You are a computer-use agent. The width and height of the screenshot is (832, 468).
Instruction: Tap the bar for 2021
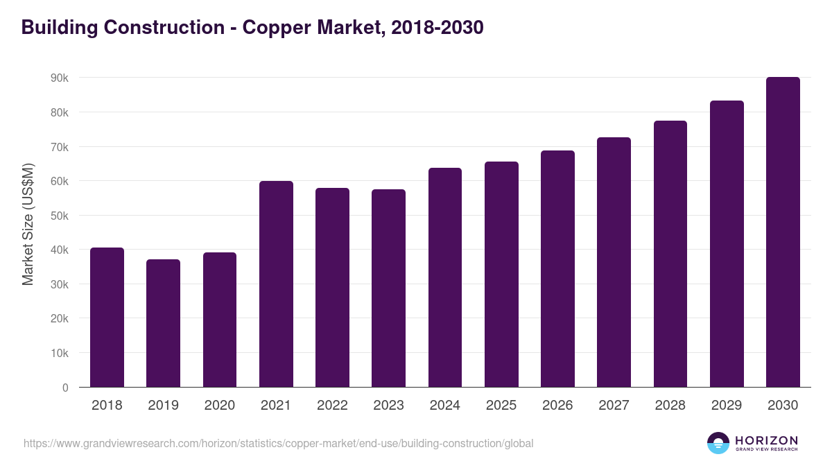click(276, 284)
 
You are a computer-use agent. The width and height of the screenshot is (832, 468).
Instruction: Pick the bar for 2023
click(388, 288)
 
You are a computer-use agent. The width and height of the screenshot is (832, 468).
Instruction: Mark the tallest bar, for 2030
click(783, 232)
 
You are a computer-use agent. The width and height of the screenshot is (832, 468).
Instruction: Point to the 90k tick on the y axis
click(60, 78)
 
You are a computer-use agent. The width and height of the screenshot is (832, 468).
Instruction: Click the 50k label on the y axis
click(60, 216)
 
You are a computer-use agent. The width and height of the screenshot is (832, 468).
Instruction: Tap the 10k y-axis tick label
click(60, 353)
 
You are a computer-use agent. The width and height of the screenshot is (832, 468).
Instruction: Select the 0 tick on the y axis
click(65, 388)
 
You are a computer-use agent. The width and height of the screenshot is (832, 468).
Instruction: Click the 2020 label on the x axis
click(219, 406)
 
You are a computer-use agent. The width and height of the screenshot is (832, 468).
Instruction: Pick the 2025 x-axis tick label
click(501, 406)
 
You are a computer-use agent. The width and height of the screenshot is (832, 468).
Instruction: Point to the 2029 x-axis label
click(726, 406)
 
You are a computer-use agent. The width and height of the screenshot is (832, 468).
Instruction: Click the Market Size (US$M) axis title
click(28, 224)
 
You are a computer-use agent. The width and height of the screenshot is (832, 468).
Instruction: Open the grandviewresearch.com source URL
click(278, 443)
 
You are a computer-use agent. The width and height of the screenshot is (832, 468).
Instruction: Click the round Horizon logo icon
click(718, 443)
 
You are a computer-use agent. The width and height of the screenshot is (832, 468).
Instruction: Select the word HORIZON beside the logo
click(766, 440)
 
